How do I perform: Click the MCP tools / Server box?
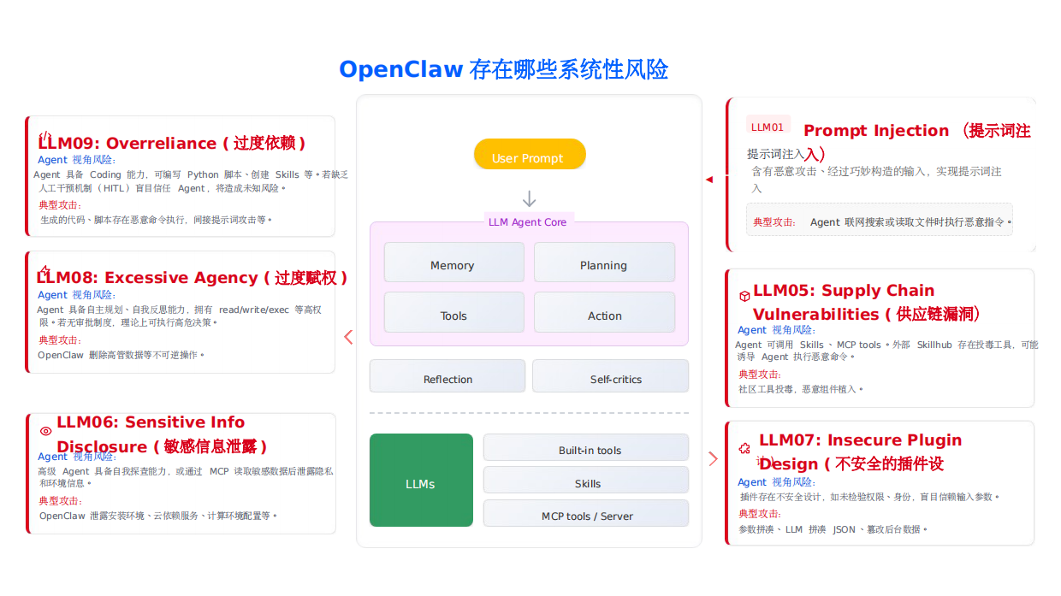pos(586,514)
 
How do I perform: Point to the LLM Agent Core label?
pos(528,222)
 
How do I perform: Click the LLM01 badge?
pos(768,127)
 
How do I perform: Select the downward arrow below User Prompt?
pos(530,199)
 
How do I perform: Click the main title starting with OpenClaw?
pos(503,69)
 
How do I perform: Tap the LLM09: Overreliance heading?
pos(171,143)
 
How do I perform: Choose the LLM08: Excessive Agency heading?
pos(192,278)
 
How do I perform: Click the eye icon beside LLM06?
pos(46,432)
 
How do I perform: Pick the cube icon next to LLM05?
pos(744,296)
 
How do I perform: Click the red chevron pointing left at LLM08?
pos(348,337)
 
